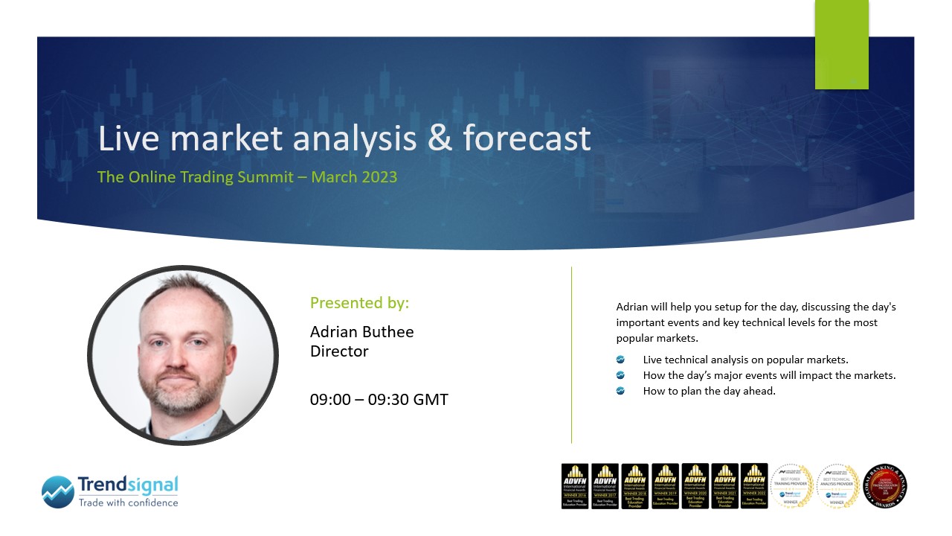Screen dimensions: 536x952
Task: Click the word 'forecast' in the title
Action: coord(527,139)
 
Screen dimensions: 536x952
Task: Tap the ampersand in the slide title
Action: coord(440,139)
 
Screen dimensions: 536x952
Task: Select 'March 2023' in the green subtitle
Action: coord(354,177)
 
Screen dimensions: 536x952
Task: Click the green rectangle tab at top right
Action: coord(841,45)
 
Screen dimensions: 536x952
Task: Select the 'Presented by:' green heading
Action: coord(359,303)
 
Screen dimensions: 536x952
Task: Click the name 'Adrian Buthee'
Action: coord(361,332)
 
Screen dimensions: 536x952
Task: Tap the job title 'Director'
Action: coord(339,351)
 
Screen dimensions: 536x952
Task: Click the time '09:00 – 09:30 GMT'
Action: coord(379,400)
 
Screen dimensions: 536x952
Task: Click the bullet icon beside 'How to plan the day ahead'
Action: coord(620,391)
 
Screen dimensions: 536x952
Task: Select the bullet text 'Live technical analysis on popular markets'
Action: coord(745,360)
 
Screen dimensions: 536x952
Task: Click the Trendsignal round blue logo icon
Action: coord(58,492)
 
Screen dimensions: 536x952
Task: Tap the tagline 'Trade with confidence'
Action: coord(128,502)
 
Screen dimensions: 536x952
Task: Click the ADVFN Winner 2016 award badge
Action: coord(575,486)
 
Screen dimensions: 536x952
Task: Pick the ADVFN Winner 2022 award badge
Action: coord(754,486)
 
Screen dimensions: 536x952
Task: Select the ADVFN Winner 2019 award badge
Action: coord(665,486)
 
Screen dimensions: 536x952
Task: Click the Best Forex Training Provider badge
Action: coord(792,486)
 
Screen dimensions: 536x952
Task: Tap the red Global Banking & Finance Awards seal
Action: coord(885,486)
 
